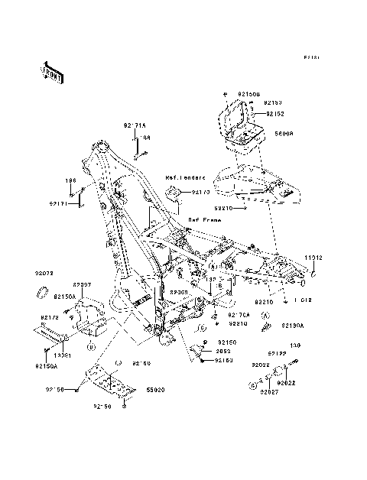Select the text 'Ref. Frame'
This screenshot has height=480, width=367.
[205, 219]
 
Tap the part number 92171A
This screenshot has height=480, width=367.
[135, 125]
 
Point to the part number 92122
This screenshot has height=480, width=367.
[277, 353]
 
